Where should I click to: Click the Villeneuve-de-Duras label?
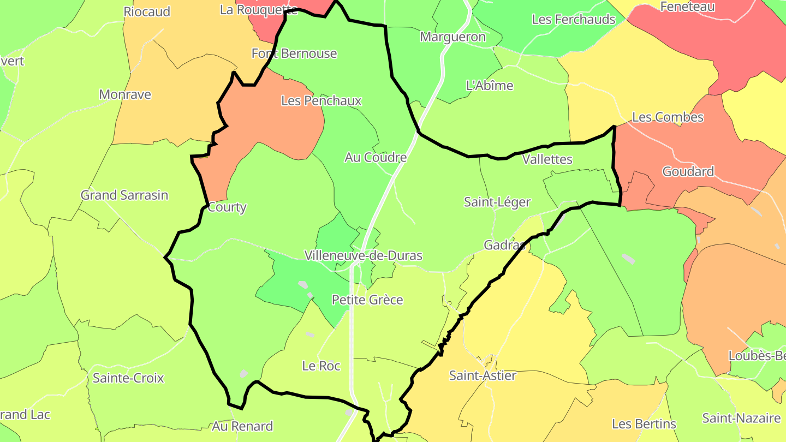pos(363,255)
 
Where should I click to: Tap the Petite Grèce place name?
pos(367,300)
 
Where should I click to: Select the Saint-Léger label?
pos(497,202)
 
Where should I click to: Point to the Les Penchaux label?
pos(321,101)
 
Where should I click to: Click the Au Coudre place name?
pos(376,158)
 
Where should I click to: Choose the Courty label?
pos(227,207)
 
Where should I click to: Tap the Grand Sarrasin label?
pos(124,195)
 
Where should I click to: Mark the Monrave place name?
pos(125,94)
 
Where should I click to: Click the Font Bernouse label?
pos(294,53)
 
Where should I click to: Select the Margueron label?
pos(452,37)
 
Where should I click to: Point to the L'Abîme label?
pos(490,86)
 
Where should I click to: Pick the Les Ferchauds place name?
pos(574,20)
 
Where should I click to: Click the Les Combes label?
pos(668,117)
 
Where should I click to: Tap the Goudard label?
pos(688,172)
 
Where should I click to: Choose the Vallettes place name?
pos(547,159)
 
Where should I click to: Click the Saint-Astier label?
pos(483,375)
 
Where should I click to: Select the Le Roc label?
pos(321,366)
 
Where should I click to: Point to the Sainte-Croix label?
pos(128,378)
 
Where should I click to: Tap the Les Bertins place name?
pos(644,424)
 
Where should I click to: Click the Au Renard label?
pos(242,426)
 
